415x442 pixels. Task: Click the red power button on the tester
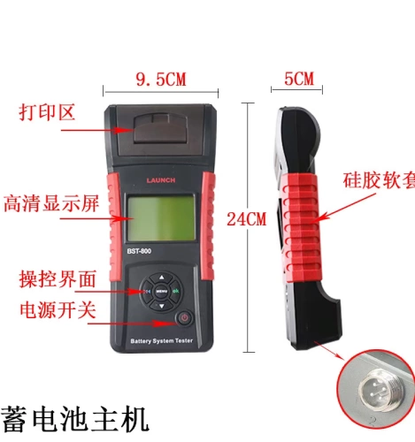point(184,317)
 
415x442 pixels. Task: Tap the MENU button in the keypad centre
point(161,289)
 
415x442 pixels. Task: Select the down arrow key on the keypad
point(161,307)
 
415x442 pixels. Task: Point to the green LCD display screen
point(161,221)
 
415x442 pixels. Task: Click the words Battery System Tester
point(161,340)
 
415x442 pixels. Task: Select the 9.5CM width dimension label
point(160,80)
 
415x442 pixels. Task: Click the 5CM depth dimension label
point(299,79)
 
